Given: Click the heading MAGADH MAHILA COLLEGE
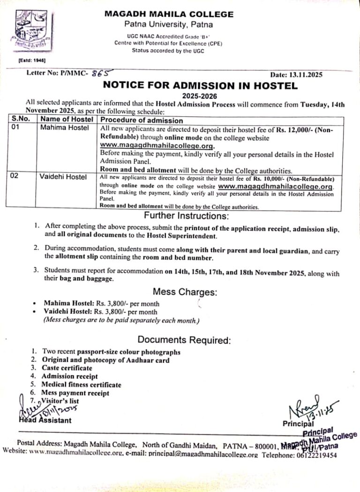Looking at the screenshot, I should (x=169, y=14).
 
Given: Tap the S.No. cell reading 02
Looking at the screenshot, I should (x=16, y=177).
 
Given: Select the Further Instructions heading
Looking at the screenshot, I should (x=186, y=216).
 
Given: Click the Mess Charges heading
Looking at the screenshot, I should (x=186, y=292).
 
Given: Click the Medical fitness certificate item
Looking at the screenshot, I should (x=81, y=385).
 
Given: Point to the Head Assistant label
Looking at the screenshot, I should (x=45, y=420).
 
